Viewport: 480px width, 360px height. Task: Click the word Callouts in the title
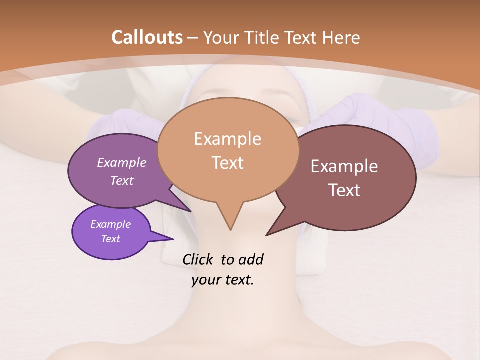click(147, 37)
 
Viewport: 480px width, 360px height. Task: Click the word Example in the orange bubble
click(227, 139)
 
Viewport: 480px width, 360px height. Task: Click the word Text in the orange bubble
click(228, 163)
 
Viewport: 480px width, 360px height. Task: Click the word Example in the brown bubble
click(344, 166)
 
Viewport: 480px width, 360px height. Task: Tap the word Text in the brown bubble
click(344, 190)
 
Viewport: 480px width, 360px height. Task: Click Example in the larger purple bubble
click(122, 163)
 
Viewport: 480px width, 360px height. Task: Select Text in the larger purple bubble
click(122, 181)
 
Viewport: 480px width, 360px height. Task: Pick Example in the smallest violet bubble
click(110, 224)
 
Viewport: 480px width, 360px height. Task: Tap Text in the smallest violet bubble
click(110, 239)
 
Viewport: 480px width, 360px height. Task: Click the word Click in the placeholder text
click(199, 259)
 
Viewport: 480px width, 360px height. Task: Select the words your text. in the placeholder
click(223, 280)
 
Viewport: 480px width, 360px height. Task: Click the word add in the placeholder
click(251, 259)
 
